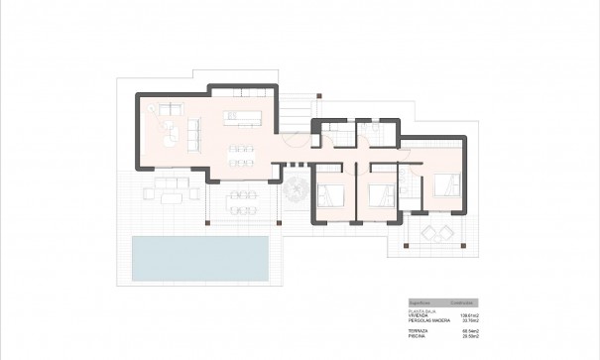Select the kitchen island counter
(x=244, y=118)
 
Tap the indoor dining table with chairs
(x=242, y=154)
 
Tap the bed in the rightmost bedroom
(x=445, y=184)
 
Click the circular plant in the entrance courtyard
(x=296, y=192)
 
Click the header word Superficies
(x=421, y=302)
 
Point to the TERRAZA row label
(x=419, y=330)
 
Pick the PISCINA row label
(x=418, y=336)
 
